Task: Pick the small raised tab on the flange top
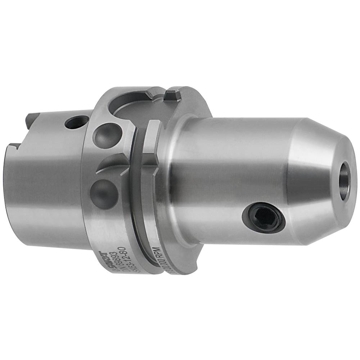(x=172, y=95)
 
